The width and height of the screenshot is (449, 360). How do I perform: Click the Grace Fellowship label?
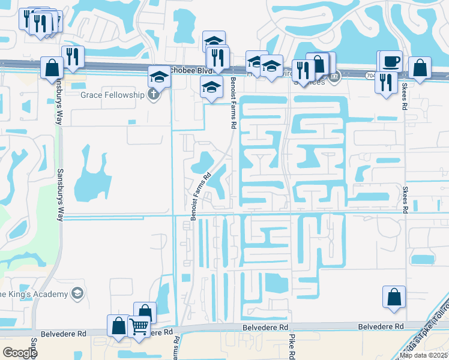[113, 95]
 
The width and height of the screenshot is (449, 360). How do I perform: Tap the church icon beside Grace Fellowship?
[154, 94]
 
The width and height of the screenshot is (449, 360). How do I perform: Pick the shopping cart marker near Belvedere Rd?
[139, 326]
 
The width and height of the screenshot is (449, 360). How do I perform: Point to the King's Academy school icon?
[77, 293]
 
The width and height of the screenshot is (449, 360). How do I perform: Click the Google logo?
[20, 352]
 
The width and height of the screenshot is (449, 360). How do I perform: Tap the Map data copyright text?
[424, 355]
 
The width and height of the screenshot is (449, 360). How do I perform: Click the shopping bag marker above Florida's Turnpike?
[394, 297]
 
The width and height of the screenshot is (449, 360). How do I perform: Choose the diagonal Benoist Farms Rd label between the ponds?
[201, 197]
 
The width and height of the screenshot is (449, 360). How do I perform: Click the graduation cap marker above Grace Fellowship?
[159, 77]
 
